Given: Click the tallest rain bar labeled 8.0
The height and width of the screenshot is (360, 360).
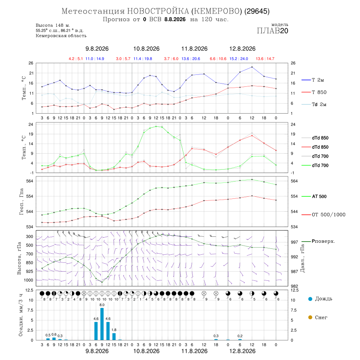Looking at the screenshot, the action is (102, 324).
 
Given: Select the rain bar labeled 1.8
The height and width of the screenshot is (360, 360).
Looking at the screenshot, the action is (114, 336).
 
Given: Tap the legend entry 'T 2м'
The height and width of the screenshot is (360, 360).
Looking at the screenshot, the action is (313, 80).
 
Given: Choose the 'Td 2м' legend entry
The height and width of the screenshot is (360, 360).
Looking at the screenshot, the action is (314, 104).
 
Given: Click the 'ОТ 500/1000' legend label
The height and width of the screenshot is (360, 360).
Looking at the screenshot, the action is (323, 214).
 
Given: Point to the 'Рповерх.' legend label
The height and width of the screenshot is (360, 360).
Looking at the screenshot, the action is (318, 241).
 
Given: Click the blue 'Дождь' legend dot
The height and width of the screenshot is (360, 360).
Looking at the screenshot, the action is (310, 299).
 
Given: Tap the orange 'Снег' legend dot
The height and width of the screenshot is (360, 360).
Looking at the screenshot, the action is (310, 317).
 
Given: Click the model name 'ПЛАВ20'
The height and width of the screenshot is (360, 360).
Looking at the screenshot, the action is (272, 31).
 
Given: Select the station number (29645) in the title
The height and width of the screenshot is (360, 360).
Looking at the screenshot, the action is (257, 11).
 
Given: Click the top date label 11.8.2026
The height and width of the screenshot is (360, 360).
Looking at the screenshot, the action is (194, 49).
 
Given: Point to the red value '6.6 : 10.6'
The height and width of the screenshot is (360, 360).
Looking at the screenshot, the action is (218, 59).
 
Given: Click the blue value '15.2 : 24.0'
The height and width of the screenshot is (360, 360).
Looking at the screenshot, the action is (239, 59).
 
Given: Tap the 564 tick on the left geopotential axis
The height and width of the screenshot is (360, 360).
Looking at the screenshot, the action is (30, 181).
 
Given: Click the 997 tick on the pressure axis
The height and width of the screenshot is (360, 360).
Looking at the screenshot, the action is (294, 242).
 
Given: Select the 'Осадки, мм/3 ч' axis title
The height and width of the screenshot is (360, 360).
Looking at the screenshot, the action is (21, 315).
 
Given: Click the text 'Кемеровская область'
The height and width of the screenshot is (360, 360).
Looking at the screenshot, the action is (61, 36).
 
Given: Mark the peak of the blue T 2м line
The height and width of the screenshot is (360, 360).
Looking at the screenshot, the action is (252, 67).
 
